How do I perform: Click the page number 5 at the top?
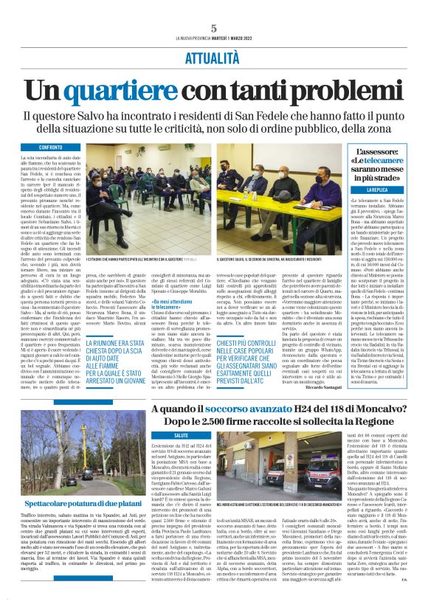pyautogui.click(x=213, y=28)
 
